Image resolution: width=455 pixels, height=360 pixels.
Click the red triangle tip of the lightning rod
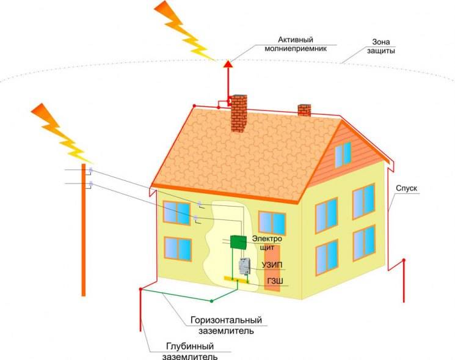coord(228,61)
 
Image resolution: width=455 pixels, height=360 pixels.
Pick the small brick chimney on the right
coord(304,110)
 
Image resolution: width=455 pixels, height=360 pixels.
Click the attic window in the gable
coord(343,154)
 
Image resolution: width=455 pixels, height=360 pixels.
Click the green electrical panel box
coord(238,241)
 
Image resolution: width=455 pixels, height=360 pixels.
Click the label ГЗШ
coord(274,282)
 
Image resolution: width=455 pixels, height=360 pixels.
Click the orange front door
coord(272,269)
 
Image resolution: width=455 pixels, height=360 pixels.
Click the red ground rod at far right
coord(404,281)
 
